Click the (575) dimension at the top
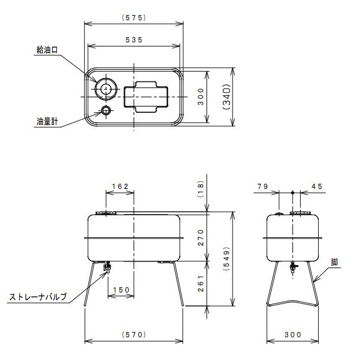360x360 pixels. click(x=134, y=17)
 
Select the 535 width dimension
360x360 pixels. click(x=134, y=39)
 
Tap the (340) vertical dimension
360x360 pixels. click(x=227, y=97)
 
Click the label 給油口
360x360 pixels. click(x=47, y=51)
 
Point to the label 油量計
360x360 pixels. click(x=47, y=122)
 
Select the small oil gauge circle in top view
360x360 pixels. click(x=106, y=110)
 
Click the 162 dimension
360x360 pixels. click(x=119, y=186)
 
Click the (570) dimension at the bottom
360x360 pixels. click(x=134, y=335)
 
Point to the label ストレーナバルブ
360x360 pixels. click(x=38, y=297)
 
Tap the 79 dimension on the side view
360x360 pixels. click(x=261, y=186)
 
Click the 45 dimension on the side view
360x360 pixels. click(x=317, y=186)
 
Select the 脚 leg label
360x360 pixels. click(x=336, y=262)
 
